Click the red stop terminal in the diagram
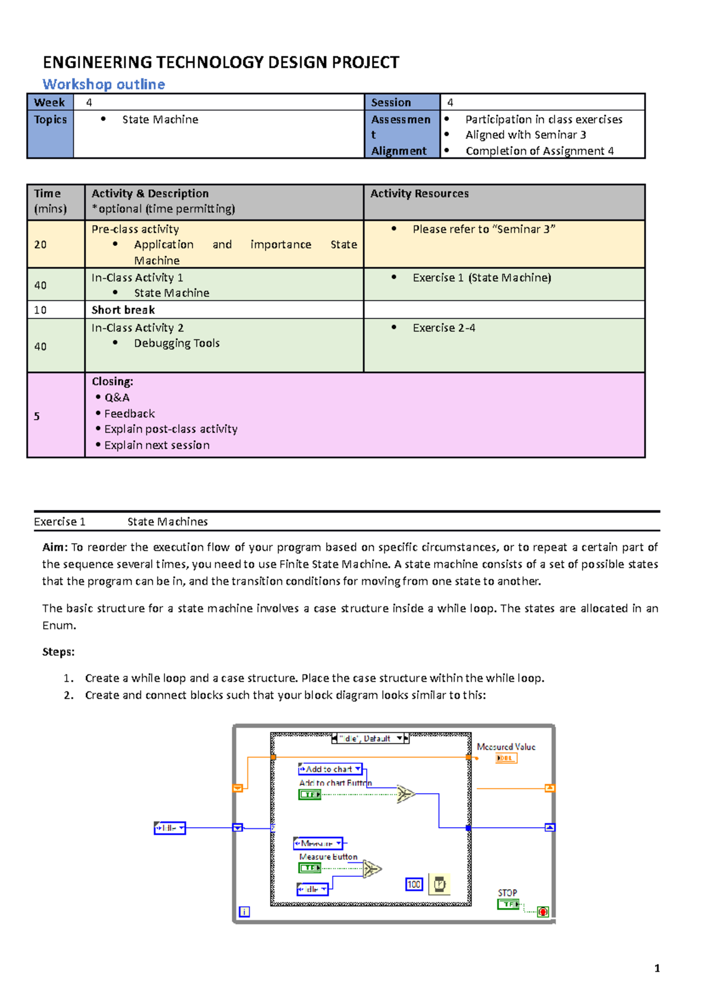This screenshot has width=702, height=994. click(543, 912)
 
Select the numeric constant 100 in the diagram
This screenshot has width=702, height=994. click(414, 884)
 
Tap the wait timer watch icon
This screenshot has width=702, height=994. click(439, 884)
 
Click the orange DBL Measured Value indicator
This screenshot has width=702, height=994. click(506, 758)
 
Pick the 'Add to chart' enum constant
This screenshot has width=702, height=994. click(330, 769)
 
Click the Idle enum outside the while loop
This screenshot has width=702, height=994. click(170, 828)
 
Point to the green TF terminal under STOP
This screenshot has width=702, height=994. click(508, 904)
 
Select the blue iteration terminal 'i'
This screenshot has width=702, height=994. click(245, 911)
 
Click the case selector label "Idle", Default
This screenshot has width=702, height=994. click(370, 739)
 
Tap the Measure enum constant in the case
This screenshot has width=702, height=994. click(318, 843)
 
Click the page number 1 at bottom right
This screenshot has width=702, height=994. click(657, 968)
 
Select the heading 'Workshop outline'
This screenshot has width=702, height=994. click(104, 84)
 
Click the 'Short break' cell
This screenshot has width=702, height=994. click(123, 310)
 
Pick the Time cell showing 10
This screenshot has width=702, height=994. click(40, 310)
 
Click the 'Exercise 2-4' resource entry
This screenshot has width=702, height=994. click(443, 328)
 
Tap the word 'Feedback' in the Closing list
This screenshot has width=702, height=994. click(129, 413)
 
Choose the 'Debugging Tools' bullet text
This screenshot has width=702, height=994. click(177, 343)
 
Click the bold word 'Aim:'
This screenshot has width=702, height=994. click(55, 547)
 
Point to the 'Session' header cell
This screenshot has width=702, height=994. click(391, 102)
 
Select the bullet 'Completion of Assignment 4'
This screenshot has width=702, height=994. click(539, 151)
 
